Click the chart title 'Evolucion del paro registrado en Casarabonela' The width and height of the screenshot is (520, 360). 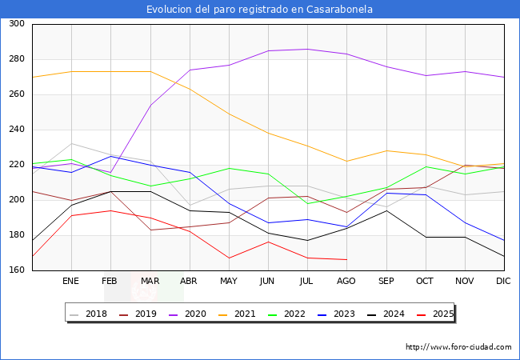[260, 10]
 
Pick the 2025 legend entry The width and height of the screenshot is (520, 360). [442, 314]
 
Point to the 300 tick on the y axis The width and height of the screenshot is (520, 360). [16, 24]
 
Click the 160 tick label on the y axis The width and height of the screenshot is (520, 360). [16, 270]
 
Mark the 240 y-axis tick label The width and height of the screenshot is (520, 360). [16, 130]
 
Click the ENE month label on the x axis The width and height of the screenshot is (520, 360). [71, 282]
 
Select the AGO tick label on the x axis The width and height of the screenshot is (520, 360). [346, 282]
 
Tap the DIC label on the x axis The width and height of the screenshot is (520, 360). [503, 282]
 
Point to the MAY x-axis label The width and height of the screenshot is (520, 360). [229, 282]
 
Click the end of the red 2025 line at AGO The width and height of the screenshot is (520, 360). [346, 259]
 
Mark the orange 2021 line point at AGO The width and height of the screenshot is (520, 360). [346, 161]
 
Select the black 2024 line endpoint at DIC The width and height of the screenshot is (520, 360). [503, 256]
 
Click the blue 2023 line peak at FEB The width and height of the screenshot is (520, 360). [110, 156]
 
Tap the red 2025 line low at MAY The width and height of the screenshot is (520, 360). [229, 258]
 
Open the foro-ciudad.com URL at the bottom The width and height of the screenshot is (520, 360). [458, 347]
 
